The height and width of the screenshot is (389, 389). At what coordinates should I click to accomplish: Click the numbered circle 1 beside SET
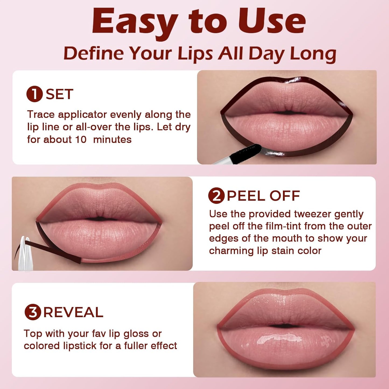coord(34,94)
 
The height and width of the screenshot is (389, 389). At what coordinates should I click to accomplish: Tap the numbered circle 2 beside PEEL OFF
coord(216,196)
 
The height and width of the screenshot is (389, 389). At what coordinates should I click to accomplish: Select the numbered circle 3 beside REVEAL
coord(33,312)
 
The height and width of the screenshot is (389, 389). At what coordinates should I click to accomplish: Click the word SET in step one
coord(59,94)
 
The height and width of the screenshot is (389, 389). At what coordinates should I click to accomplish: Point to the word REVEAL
coord(73,312)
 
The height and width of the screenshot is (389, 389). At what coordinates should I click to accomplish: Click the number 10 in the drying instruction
coord(80,139)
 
